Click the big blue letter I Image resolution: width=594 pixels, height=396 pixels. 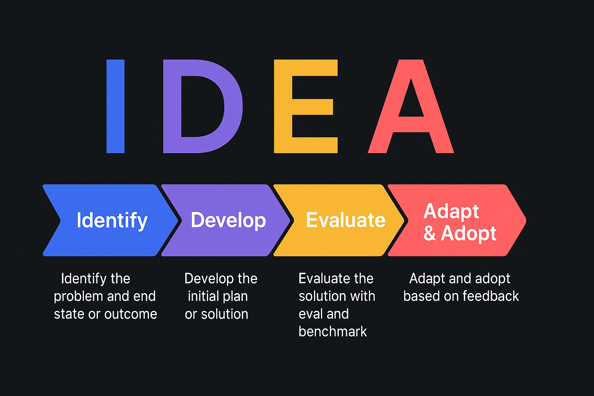pyautogui.click(x=115, y=106)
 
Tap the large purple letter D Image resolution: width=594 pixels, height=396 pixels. pyautogui.click(x=172, y=106)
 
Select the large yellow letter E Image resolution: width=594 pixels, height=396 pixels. pyautogui.click(x=283, y=106)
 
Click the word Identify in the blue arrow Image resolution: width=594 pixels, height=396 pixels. pyautogui.click(x=112, y=221)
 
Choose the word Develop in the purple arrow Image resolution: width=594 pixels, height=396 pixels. pyautogui.click(x=228, y=220)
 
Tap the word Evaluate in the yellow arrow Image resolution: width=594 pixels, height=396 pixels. pyautogui.click(x=346, y=220)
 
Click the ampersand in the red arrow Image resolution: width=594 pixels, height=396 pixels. pyautogui.click(x=430, y=234)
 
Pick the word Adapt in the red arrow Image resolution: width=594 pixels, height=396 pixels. pyautogui.click(x=451, y=212)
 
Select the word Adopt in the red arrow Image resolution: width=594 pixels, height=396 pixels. pyautogui.click(x=469, y=234)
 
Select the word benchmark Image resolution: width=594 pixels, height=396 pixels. pyautogui.click(x=333, y=331)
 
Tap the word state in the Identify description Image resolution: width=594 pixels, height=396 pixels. pyautogui.click(x=69, y=314)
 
